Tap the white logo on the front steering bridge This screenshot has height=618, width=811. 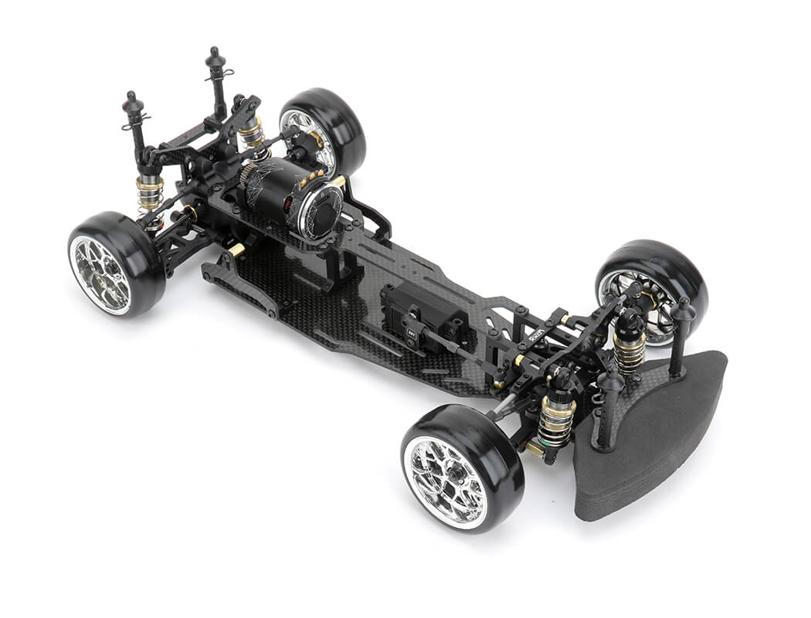point(538,334)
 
